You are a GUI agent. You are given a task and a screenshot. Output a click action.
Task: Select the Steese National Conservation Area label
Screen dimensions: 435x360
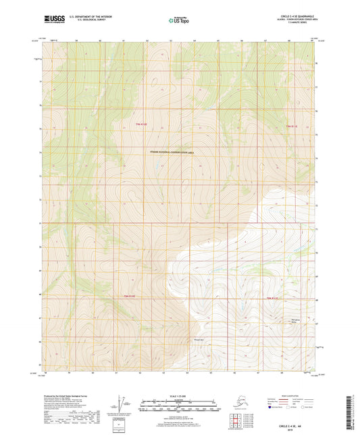tap(171, 154)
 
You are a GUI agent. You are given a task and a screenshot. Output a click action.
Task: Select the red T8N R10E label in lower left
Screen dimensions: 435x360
tap(130, 297)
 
